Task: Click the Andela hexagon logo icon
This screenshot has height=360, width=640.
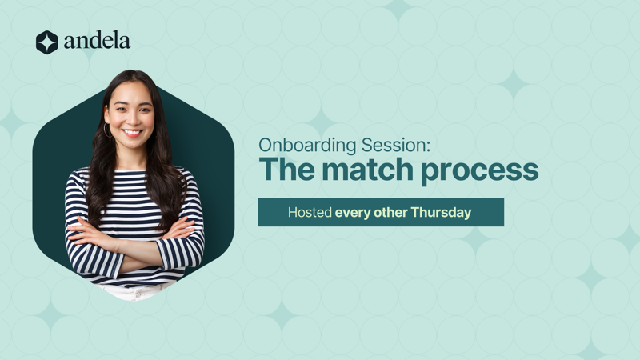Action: [47, 42]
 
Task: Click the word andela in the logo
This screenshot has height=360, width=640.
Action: [97, 40]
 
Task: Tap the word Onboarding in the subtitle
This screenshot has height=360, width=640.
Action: [308, 146]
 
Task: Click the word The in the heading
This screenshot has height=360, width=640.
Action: [287, 169]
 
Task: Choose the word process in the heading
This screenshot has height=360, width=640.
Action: [479, 170]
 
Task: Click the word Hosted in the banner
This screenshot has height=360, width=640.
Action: [310, 212]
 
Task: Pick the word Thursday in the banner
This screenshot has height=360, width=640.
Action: [442, 213]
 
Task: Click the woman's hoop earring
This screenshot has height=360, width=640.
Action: [108, 130]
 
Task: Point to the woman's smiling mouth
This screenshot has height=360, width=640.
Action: [133, 133]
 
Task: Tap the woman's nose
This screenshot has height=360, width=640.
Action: [133, 119]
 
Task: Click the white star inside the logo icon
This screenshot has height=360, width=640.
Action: [47, 42]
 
